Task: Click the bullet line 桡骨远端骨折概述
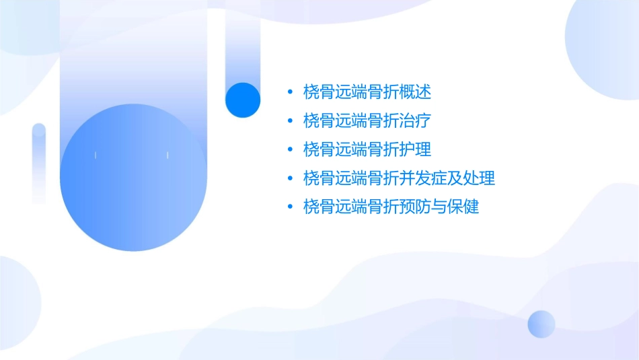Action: (367, 92)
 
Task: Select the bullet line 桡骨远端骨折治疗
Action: (367, 121)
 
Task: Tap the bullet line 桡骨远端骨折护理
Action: (367, 149)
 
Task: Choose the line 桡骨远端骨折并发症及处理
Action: (399, 178)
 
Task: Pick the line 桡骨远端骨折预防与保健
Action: (391, 207)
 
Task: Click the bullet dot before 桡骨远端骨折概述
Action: (289, 92)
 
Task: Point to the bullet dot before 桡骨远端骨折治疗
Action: (289, 121)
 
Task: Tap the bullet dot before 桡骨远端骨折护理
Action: (289, 150)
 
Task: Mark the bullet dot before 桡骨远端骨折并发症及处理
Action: (289, 178)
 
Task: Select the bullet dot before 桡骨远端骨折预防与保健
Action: (289, 207)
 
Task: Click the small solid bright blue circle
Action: (243, 100)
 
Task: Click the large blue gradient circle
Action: (133, 177)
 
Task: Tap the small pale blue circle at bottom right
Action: (541, 324)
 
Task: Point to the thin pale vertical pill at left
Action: (39, 163)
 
